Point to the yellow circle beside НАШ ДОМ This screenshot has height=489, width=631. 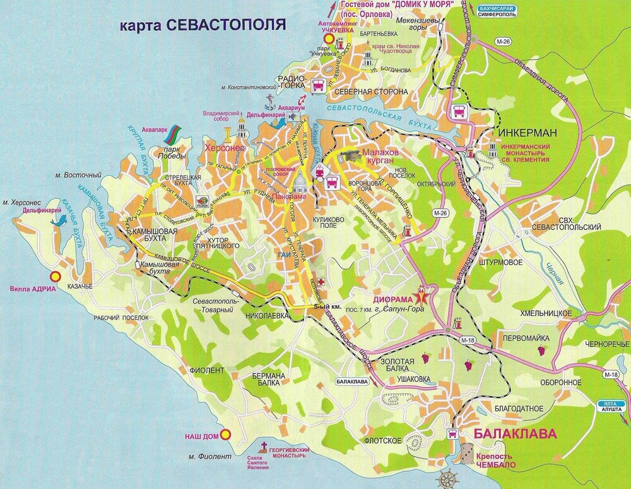(228, 435)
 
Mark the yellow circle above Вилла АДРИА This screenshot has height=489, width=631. (56, 276)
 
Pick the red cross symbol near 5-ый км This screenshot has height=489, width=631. (322, 281)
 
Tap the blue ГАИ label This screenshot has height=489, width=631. (283, 254)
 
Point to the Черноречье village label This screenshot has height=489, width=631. (606, 343)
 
